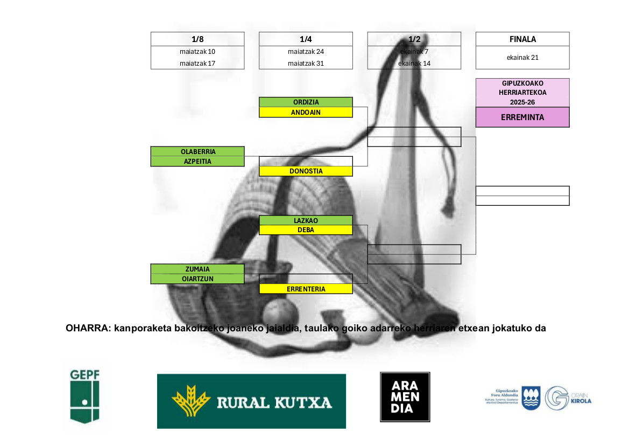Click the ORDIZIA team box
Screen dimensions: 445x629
[x=306, y=102]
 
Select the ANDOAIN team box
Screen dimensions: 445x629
[x=306, y=113]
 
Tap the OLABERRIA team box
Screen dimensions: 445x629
[x=197, y=151]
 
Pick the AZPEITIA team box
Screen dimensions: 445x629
[x=197, y=161]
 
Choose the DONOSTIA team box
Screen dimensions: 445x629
[x=306, y=171]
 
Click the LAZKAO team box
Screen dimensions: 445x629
[x=306, y=220]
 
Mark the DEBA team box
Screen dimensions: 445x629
[x=306, y=230]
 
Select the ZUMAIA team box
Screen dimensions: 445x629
[x=197, y=269]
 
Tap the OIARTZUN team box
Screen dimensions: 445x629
[x=197, y=279]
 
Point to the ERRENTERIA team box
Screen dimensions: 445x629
[x=306, y=289]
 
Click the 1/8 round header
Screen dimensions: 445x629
[x=197, y=39]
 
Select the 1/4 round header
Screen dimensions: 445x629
[x=306, y=39]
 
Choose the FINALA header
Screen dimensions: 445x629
[x=522, y=39]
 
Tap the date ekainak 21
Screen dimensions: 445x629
[x=522, y=58]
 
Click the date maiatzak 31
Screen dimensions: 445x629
[x=306, y=64]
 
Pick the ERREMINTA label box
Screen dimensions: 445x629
[x=522, y=117]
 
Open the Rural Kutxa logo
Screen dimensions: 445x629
[x=251, y=401]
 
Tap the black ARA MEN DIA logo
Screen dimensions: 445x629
[x=405, y=397]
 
